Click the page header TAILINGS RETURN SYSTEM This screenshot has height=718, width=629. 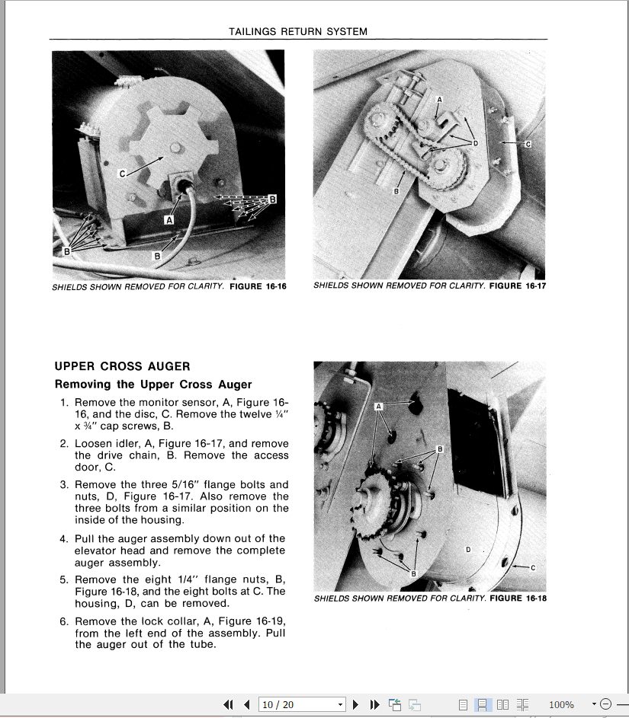298,32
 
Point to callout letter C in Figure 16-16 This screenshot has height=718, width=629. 122,174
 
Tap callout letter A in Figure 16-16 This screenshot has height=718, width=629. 170,219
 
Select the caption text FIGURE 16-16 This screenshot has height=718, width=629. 258,287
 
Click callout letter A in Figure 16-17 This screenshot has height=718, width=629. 439,100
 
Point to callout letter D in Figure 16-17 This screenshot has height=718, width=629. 475,143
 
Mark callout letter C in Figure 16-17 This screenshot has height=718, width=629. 528,143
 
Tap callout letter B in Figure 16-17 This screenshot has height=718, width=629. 396,192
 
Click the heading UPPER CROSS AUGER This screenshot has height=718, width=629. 122,366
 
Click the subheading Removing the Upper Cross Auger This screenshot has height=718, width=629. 152,385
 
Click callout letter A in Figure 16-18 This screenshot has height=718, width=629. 379,407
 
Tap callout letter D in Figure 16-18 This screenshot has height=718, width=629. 467,549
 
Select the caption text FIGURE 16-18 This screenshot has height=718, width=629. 518,598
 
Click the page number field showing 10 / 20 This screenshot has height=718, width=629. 302,704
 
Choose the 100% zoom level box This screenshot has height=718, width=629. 561,704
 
